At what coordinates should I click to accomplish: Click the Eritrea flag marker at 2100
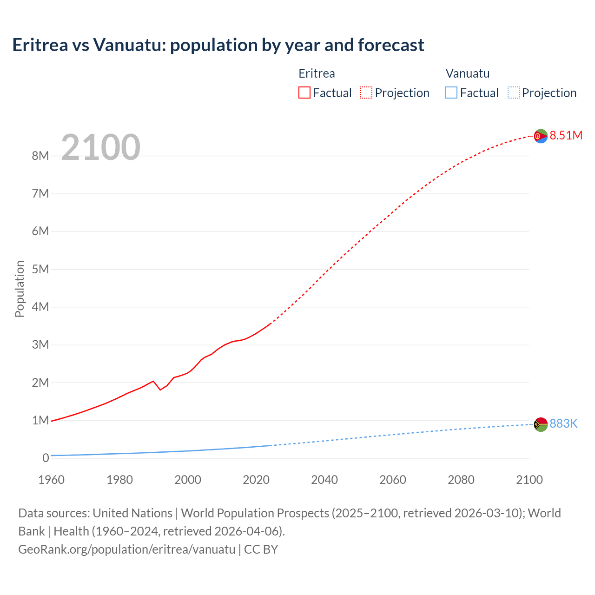click(x=541, y=136)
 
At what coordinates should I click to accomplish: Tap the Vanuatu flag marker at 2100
click(x=541, y=424)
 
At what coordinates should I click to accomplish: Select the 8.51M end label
click(x=566, y=135)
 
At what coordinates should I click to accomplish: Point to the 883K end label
click(x=563, y=423)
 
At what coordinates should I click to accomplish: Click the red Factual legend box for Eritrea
click(x=304, y=93)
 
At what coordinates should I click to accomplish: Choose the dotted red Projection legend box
click(x=366, y=93)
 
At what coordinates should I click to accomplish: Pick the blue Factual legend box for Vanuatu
click(x=451, y=93)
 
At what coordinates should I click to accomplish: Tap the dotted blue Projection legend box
click(x=513, y=93)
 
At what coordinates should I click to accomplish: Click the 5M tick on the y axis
click(x=40, y=269)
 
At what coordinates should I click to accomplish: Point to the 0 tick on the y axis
click(x=46, y=458)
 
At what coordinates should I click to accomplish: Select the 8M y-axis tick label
click(x=40, y=156)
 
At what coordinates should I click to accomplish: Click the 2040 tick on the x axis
click(x=324, y=480)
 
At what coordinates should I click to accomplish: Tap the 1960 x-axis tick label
click(x=51, y=480)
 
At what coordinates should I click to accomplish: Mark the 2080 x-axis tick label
click(x=461, y=480)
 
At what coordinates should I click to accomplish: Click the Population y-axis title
click(x=20, y=289)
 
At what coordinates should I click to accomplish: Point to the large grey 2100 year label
click(x=100, y=147)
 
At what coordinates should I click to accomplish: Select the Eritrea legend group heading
click(x=317, y=73)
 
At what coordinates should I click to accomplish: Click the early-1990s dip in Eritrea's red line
click(x=160, y=389)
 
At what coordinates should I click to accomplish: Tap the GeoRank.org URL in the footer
click(x=126, y=549)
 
